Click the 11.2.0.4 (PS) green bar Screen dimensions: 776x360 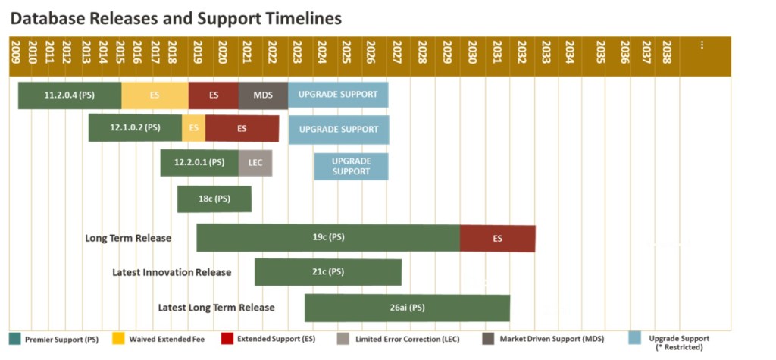coord(70,95)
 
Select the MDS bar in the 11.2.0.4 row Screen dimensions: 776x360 coord(263,95)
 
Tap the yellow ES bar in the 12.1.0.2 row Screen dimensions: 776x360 coord(193,128)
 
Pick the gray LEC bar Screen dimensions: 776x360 coord(255,162)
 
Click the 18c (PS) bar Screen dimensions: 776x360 coord(214,199)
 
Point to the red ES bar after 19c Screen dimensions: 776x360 coord(497,238)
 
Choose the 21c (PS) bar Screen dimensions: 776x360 coord(328,272)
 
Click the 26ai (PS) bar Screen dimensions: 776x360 coord(407,308)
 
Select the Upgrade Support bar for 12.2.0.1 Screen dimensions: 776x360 coord(351,167)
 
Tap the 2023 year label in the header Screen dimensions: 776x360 coord(297,52)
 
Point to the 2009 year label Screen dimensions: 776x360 coord(14,52)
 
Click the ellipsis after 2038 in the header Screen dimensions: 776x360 coord(701,45)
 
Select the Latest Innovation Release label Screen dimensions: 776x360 coord(172,272)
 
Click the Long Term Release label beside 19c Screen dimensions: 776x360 coord(128,238)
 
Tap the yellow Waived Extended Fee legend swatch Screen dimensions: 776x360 coord(119,339)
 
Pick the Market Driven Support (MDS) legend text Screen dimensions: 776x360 coord(552,340)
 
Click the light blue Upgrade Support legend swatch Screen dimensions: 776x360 coord(634,339)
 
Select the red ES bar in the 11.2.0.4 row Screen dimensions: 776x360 coord(213,95)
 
